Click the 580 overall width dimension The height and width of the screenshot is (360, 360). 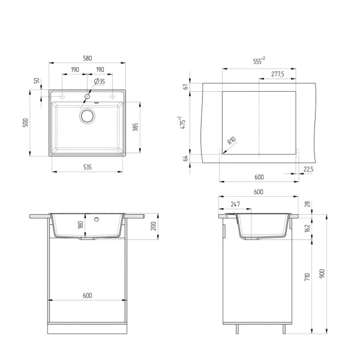(87, 58)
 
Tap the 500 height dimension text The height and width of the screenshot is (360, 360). (25, 123)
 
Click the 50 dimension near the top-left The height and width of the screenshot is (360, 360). (37, 80)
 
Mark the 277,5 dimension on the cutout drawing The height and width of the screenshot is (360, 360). (277, 74)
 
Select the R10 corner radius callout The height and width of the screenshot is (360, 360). (230, 143)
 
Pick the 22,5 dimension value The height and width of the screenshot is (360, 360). (308, 169)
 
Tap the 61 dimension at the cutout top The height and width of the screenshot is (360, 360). (187, 86)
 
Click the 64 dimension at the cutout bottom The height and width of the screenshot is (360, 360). (187, 158)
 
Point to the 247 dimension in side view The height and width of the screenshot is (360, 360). (235, 205)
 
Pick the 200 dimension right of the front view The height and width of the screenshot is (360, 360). (154, 226)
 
